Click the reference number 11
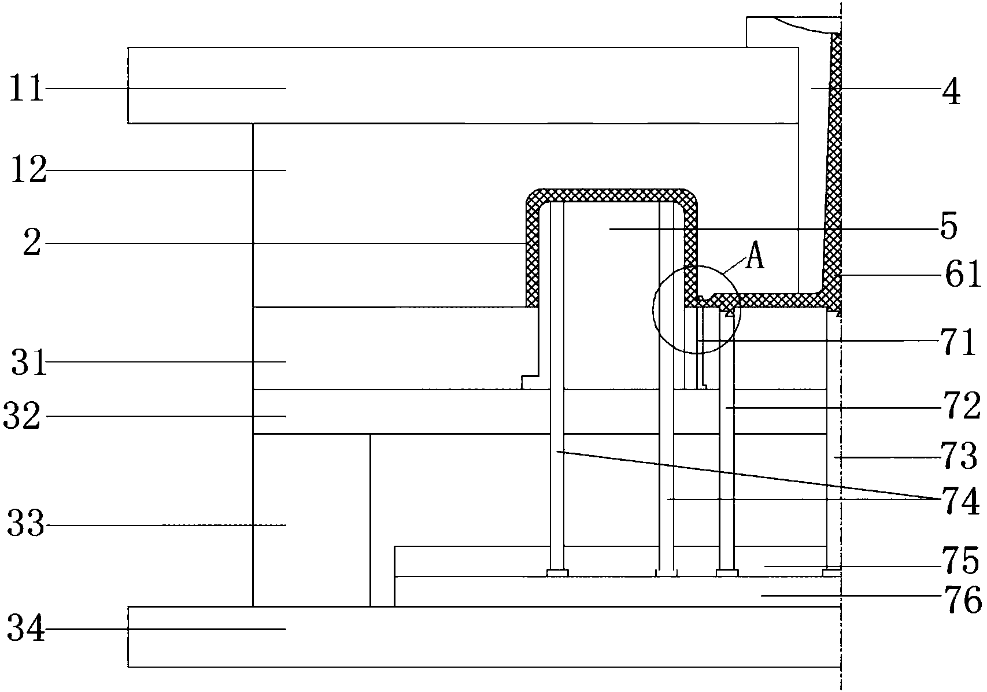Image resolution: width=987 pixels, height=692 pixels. coord(27,90)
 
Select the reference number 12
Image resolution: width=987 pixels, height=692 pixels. coord(28,172)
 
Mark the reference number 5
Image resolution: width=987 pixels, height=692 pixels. coord(948,228)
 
